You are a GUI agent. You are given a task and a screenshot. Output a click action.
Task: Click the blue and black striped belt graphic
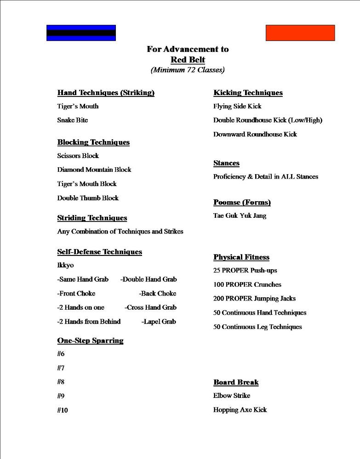tap(81, 33)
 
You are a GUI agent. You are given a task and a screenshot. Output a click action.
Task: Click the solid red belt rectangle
tap(300, 33)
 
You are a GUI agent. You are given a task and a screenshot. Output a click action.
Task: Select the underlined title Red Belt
tap(188, 60)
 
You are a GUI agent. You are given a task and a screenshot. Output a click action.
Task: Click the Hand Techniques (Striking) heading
tap(106, 93)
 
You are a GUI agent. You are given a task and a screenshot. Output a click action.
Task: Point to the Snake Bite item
tap(72, 120)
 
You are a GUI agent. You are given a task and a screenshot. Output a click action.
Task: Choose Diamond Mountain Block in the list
tap(94, 170)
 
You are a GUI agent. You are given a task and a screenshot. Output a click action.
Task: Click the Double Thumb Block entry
tap(88, 198)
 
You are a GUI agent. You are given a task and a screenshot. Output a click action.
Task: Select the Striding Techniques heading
tap(92, 218)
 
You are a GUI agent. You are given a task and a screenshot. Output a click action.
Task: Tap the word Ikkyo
tap(65, 265)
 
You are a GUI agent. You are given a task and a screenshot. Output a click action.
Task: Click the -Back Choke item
tap(158, 294)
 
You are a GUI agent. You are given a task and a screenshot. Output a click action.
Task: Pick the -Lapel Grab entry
tap(159, 322)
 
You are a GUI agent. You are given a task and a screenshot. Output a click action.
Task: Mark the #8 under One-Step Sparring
tap(61, 382)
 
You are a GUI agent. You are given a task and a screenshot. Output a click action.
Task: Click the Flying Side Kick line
tap(237, 106)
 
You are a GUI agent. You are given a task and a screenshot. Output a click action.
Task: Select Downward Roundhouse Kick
tap(255, 134)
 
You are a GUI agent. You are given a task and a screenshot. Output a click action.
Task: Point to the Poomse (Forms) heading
tap(242, 203)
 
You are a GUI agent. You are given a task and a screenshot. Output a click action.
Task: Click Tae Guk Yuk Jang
tap(240, 215)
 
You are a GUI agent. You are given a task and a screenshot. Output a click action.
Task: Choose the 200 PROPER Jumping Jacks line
tap(254, 299)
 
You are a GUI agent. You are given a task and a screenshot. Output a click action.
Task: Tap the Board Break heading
tap(236, 382)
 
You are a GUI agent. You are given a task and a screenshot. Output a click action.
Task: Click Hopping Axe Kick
tap(240, 410)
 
